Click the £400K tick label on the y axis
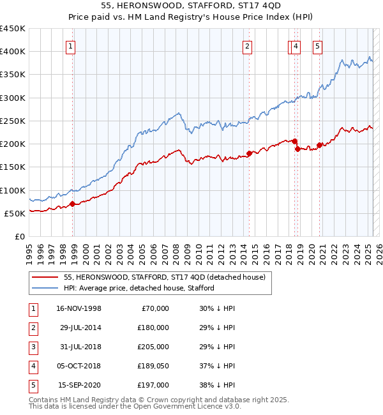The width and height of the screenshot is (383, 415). point(13,52)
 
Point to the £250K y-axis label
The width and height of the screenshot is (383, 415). point(13,121)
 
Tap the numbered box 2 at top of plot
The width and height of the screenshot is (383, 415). point(246,45)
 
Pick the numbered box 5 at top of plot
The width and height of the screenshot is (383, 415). point(317,45)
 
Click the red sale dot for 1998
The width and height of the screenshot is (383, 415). point(73,204)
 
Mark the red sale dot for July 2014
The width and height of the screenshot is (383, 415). point(249,154)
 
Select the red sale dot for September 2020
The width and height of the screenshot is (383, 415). point(319,146)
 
